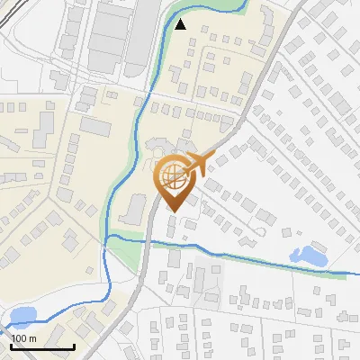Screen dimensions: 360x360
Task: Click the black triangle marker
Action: point(181,24)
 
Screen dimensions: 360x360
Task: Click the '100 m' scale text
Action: point(24,337)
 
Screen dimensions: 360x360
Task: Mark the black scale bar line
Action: point(41,346)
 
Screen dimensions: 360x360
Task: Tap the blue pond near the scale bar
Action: point(22,316)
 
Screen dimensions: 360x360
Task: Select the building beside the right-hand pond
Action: point(297,232)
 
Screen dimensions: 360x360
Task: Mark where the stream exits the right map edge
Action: point(357,272)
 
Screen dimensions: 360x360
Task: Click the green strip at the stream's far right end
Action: point(337,273)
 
